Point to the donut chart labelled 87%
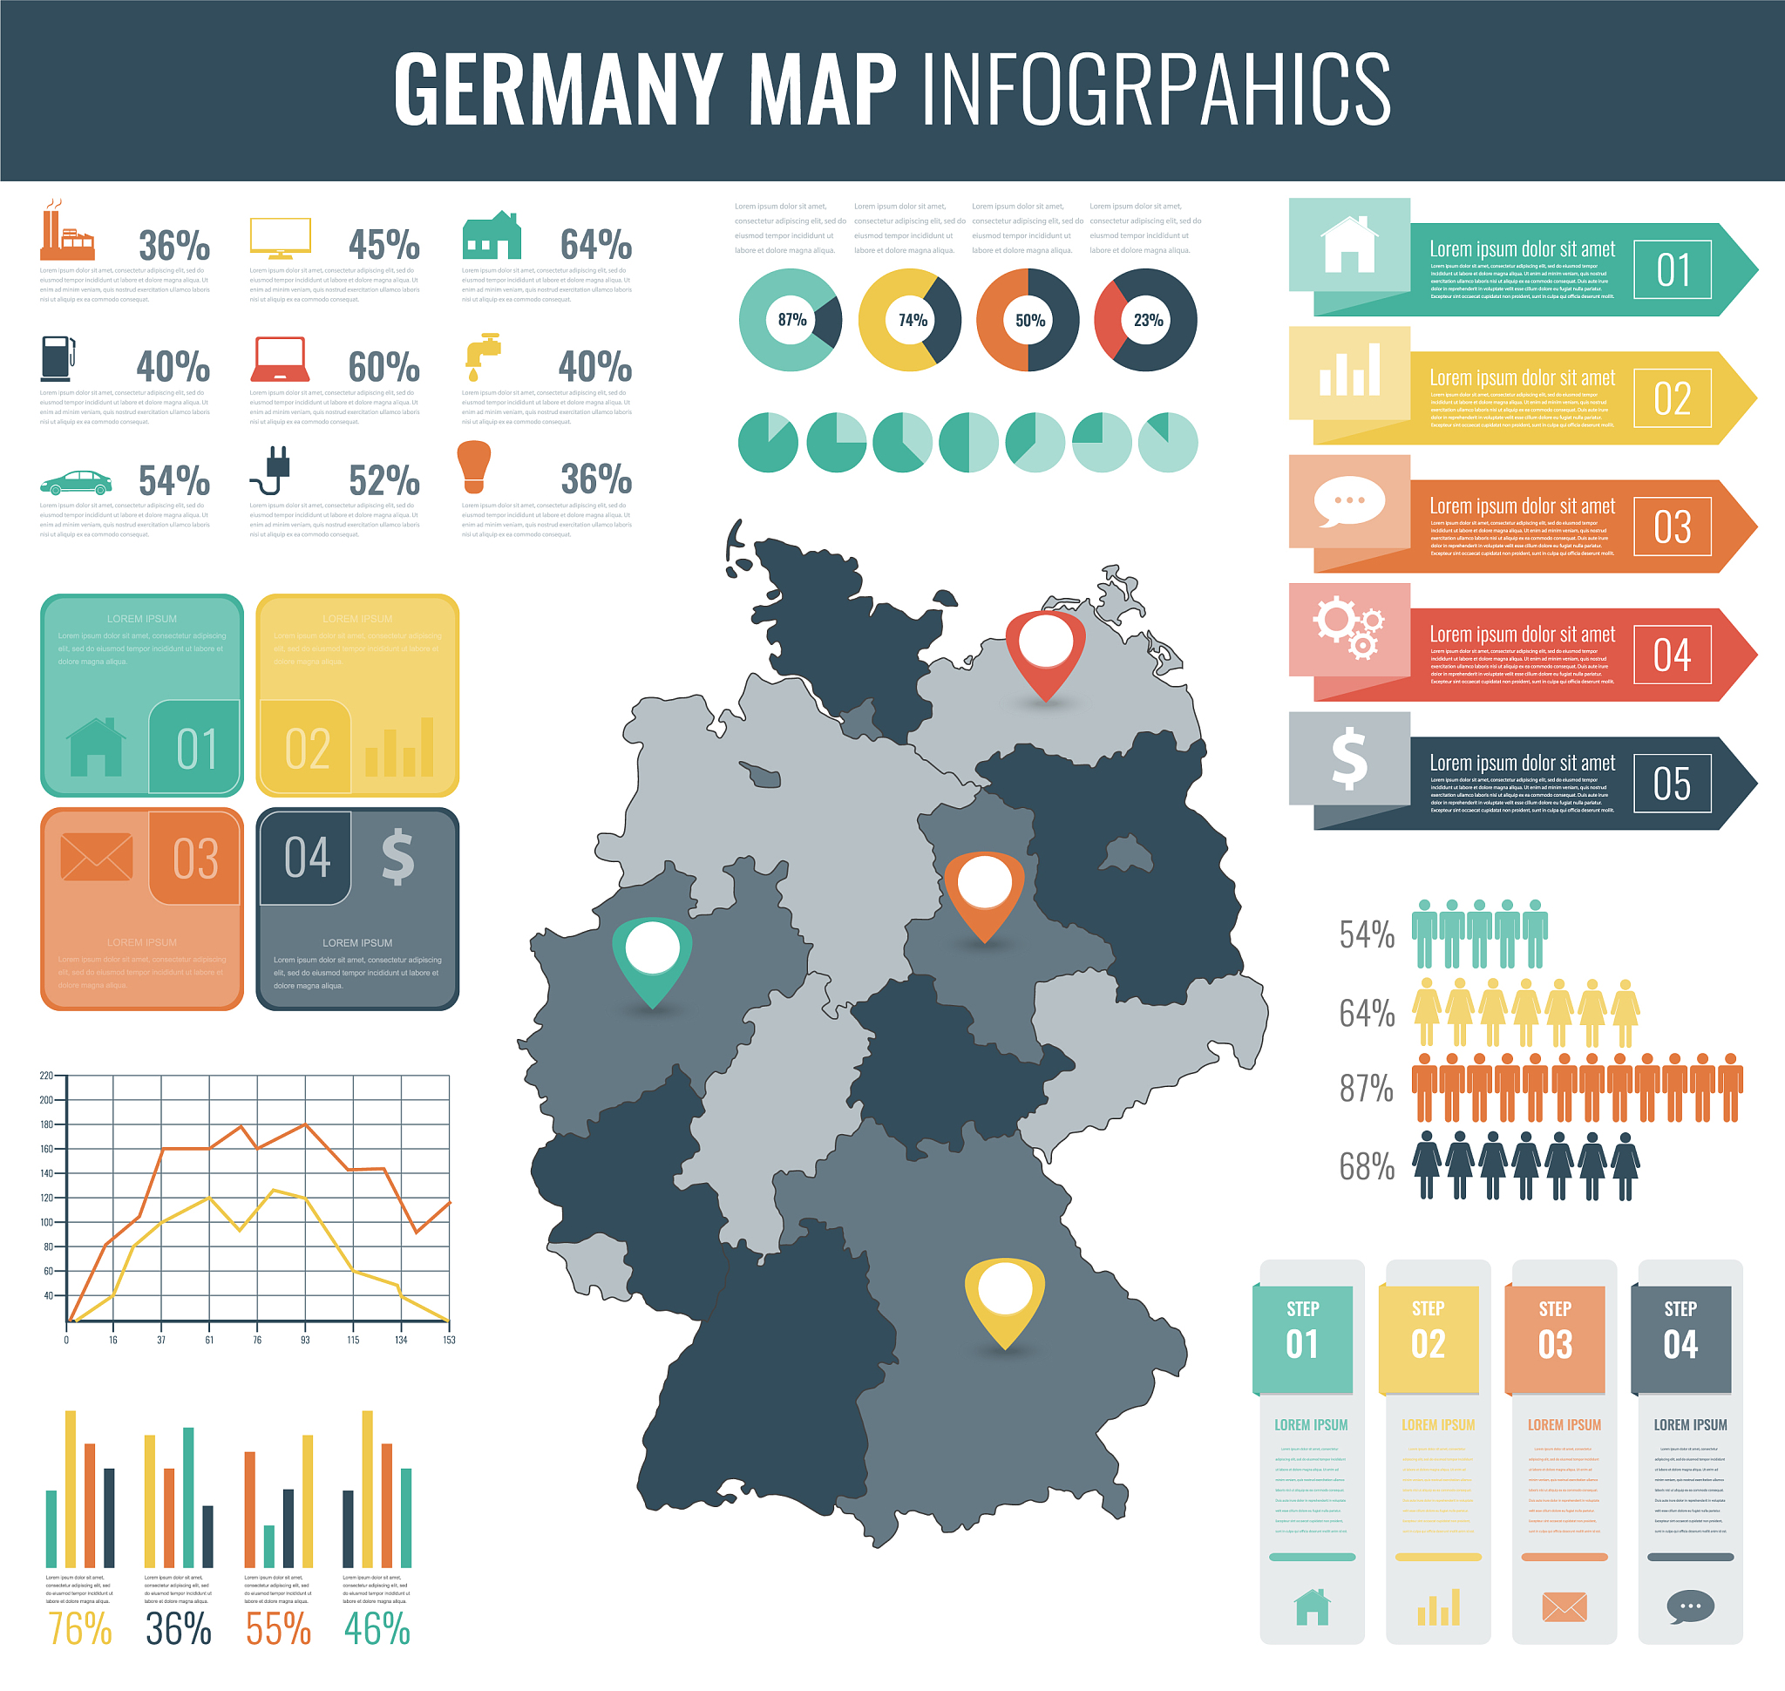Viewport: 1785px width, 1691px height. pyautogui.click(x=791, y=320)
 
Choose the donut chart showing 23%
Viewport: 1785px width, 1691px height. pyautogui.click(x=1145, y=320)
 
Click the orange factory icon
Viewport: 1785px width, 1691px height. pyautogui.click(x=66, y=232)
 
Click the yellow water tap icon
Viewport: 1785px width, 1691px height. pyautogui.click(x=482, y=355)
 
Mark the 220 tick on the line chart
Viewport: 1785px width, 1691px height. pyautogui.click(x=46, y=1076)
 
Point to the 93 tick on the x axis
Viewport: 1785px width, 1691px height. pyautogui.click(x=305, y=1341)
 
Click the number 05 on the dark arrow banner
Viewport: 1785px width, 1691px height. pyautogui.click(x=1672, y=784)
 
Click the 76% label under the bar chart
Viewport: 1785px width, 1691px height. pyautogui.click(x=79, y=1628)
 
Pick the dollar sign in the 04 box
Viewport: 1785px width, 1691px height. pyautogui.click(x=397, y=856)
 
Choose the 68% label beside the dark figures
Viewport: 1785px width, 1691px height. pyautogui.click(x=1367, y=1166)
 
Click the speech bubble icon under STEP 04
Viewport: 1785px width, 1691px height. pyautogui.click(x=1689, y=1606)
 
